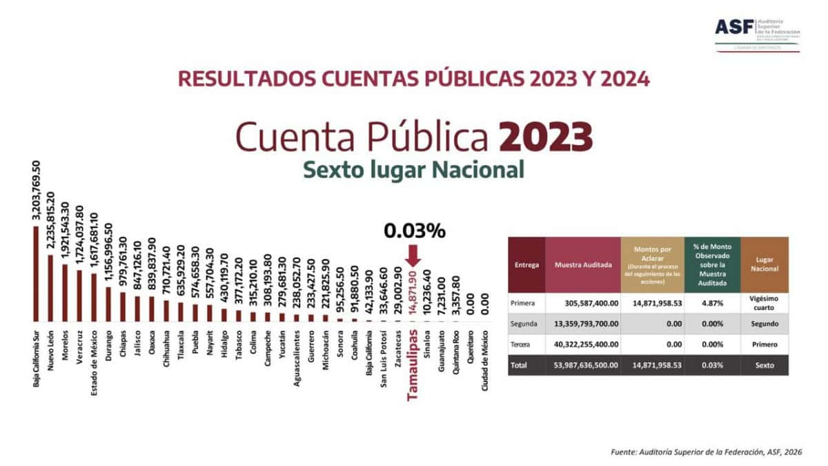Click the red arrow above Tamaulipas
413,256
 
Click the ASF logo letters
734,27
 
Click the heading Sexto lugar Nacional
413,168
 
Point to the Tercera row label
521,344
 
